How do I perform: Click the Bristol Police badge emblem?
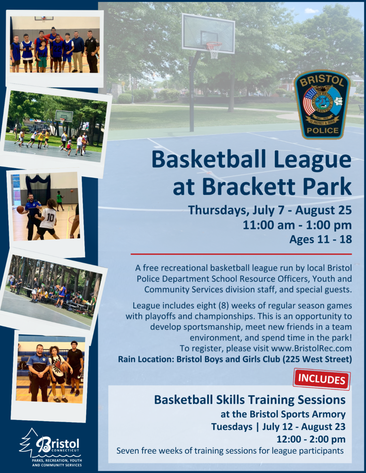(322, 105)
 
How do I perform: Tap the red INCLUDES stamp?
(322, 379)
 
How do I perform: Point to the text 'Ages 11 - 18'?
(321, 239)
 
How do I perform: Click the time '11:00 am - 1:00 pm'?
(297, 225)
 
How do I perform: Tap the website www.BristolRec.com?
(311, 348)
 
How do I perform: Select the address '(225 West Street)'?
(317, 359)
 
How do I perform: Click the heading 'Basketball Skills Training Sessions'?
(250, 400)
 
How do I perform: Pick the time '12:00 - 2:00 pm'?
(311, 439)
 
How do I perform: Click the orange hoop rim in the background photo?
(214, 44)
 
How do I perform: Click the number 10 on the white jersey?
(50, 217)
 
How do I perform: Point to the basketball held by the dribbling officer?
(20, 210)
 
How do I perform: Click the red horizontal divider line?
(241, 254)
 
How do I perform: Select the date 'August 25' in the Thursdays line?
(324, 210)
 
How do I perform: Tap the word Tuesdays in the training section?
(232, 427)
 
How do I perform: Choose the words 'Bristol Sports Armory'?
(298, 414)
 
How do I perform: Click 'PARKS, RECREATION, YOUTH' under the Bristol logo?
(57, 461)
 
